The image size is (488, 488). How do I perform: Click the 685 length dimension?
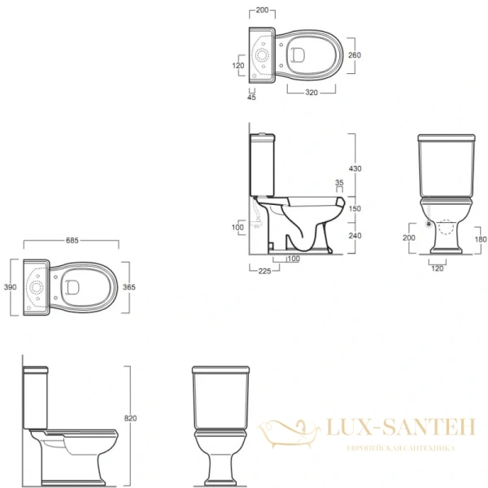pos(72,240)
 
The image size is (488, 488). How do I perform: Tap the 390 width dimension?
pos(10,287)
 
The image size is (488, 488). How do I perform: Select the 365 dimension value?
pos(129,287)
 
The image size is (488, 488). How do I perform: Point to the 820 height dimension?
pos(130,418)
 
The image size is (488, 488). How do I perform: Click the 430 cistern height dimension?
pos(355,168)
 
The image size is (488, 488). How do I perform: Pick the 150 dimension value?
pos(355,208)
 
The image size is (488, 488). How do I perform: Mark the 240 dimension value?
pos(355,236)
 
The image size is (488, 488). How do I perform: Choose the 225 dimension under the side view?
pos(264,271)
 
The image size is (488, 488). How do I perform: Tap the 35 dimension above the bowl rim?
pos(339,182)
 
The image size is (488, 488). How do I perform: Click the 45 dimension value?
pos(251,97)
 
